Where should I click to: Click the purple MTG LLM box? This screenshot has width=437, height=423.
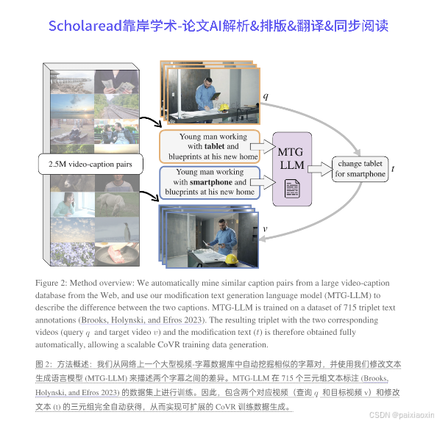click(x=292, y=169)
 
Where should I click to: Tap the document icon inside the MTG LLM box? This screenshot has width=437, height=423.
click(x=292, y=189)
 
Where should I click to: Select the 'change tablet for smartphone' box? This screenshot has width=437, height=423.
click(x=360, y=169)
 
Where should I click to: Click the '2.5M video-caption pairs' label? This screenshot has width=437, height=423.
click(x=90, y=164)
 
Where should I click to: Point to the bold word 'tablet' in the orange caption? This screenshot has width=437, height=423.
click(x=214, y=146)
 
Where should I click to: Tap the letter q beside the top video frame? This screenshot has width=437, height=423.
click(x=266, y=96)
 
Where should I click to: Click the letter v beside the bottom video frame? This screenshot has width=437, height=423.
click(x=265, y=229)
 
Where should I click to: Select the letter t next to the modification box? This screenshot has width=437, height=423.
click(x=393, y=169)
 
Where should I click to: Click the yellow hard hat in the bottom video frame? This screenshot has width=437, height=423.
click(x=231, y=258)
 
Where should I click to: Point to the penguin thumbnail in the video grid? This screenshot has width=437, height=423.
click(x=117, y=230)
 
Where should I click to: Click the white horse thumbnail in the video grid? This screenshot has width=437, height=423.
click(x=117, y=205)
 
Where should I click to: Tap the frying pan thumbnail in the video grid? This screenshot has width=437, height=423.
click(x=117, y=254)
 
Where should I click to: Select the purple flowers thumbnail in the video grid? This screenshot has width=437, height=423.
click(x=72, y=254)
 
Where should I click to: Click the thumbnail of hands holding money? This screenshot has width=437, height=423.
click(x=116, y=82)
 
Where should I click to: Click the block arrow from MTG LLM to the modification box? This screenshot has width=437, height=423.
click(x=320, y=169)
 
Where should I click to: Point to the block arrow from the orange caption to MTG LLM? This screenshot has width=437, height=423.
click(x=263, y=147)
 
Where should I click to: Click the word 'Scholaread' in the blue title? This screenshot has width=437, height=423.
click(x=85, y=26)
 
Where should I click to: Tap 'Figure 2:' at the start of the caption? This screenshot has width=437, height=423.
click(x=51, y=283)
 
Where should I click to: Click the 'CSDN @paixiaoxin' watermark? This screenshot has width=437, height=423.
click(x=402, y=415)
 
